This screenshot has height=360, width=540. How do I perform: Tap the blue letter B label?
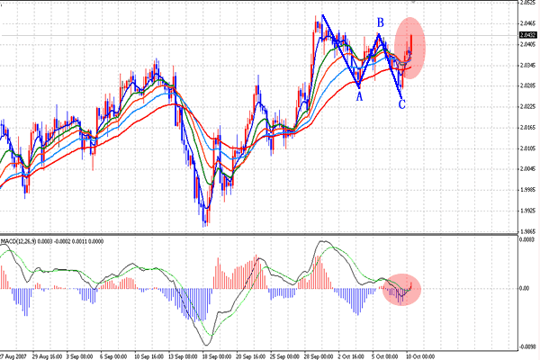point(381,22)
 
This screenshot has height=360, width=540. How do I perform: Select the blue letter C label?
point(401,104)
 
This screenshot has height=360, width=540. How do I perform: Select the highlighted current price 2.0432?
point(527,36)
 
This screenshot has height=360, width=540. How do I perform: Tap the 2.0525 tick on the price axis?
point(527,3)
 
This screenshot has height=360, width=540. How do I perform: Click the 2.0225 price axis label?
point(527,106)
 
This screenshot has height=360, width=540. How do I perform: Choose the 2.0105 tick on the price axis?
point(527,148)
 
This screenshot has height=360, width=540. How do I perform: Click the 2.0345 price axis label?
point(527,66)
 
